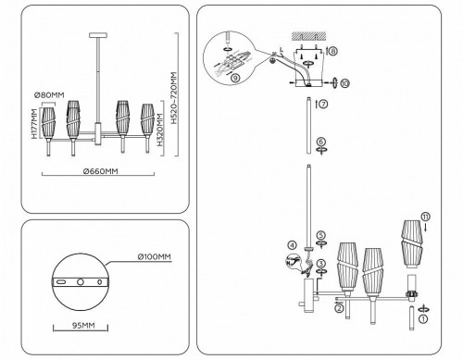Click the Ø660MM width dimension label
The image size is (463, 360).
98,172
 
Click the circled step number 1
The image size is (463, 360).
424,318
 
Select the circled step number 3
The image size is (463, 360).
320,264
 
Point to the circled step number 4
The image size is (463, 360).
291,245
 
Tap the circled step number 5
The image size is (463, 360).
320,236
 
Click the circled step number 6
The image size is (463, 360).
320,143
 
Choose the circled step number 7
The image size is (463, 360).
322,105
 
